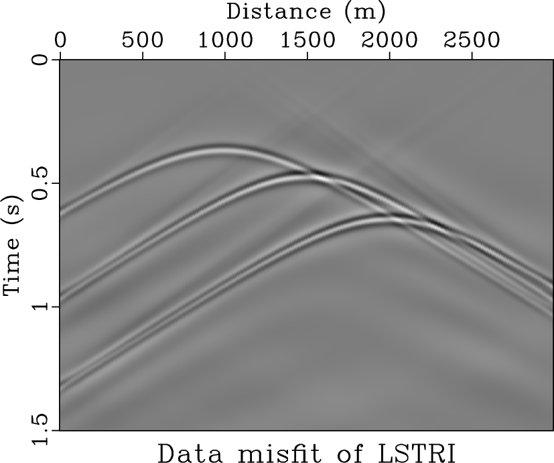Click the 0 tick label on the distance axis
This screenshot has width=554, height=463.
click(x=61, y=40)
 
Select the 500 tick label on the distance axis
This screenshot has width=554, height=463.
click(x=143, y=40)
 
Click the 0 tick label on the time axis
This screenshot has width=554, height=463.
click(x=42, y=60)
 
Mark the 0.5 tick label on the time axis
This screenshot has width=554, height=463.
click(x=42, y=183)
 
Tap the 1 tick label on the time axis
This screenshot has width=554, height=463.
click(x=42, y=307)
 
